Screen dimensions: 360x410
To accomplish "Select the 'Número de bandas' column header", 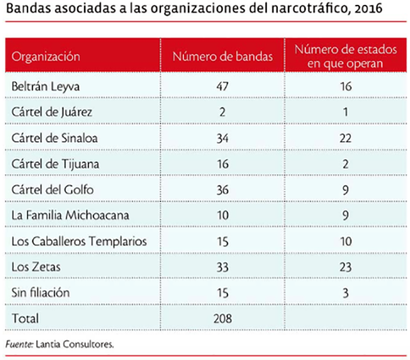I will tap(223, 57).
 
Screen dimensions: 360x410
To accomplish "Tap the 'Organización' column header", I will tap(46, 57).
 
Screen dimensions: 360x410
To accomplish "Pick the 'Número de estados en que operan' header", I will tap(343, 56).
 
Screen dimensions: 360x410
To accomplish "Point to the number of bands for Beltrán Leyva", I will tap(223, 86).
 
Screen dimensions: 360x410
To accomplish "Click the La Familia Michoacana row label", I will tap(70, 215).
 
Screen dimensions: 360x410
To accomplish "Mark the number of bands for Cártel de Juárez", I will tap(223, 113).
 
